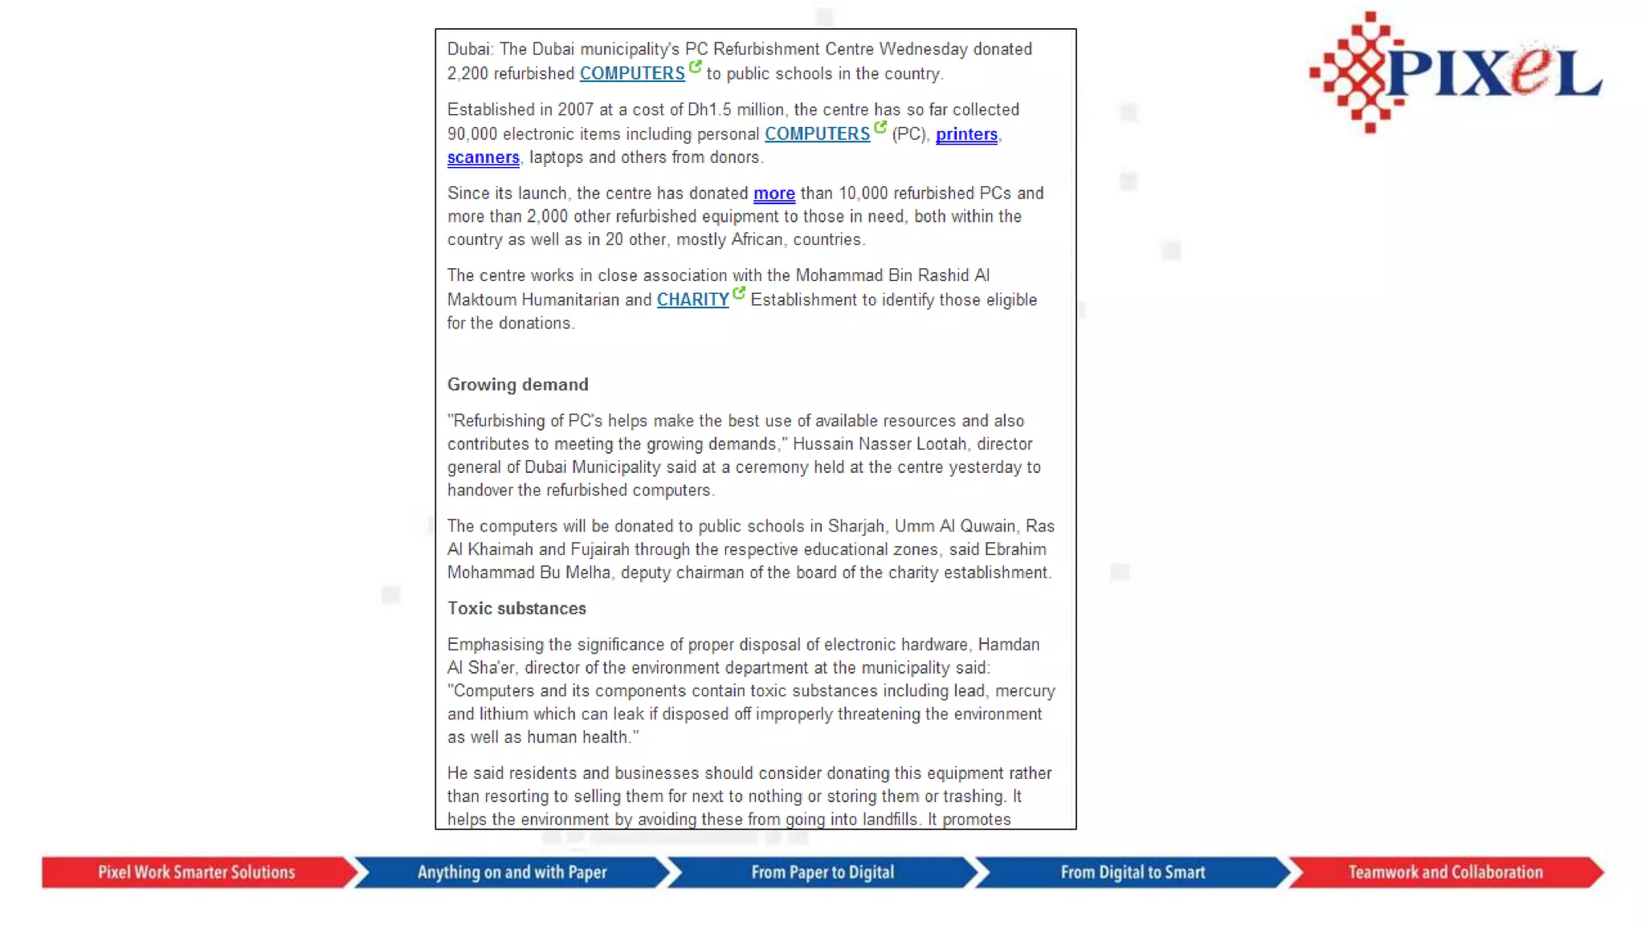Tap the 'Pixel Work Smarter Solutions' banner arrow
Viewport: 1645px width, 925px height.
coord(197,872)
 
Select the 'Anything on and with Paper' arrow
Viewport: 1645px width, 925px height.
coord(512,872)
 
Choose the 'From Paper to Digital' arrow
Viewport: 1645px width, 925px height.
coord(822,872)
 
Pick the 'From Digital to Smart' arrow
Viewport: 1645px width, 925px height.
coord(1133,872)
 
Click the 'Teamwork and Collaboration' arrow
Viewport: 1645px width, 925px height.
coord(1445,872)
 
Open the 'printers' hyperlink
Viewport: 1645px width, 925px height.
coord(966,134)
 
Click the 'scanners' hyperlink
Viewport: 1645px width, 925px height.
coord(483,157)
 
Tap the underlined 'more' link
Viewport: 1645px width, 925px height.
coord(774,194)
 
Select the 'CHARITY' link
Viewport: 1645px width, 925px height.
coord(692,300)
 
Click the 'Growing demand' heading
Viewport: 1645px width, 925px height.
coord(517,385)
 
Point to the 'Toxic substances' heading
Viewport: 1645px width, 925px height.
coord(516,609)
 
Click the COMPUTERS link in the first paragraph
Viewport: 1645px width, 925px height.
coord(632,73)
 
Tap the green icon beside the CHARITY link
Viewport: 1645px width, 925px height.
coord(739,292)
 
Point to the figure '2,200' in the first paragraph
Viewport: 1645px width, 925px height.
coord(467,74)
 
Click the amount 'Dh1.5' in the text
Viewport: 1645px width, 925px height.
coord(708,109)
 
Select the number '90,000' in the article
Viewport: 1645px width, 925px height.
coord(472,134)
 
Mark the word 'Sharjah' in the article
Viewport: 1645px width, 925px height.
coord(856,526)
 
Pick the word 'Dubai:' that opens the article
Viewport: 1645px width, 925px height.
coord(471,49)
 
